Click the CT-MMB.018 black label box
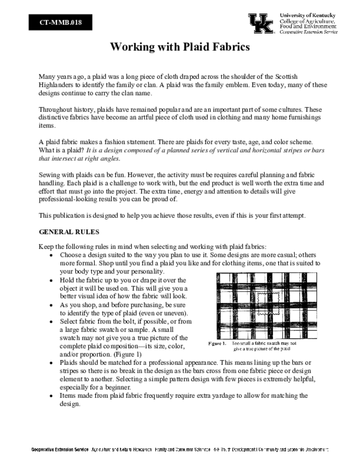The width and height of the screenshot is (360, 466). click(x=61, y=22)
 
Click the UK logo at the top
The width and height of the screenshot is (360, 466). click(x=261, y=23)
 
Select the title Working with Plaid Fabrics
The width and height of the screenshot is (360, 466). click(x=180, y=47)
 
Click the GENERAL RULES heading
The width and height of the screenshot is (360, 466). click(x=69, y=232)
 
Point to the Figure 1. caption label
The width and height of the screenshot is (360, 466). click(x=217, y=343)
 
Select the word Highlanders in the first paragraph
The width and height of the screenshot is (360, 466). click(x=56, y=85)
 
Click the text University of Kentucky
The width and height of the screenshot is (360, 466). click(x=308, y=15)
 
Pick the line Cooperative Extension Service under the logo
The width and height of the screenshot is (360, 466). click(x=308, y=32)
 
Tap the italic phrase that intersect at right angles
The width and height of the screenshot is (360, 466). click(x=80, y=159)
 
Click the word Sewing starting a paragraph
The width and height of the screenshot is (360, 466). click(x=49, y=175)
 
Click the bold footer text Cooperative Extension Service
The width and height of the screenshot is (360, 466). click(x=60, y=450)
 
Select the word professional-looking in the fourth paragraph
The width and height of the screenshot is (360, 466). click(x=69, y=199)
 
